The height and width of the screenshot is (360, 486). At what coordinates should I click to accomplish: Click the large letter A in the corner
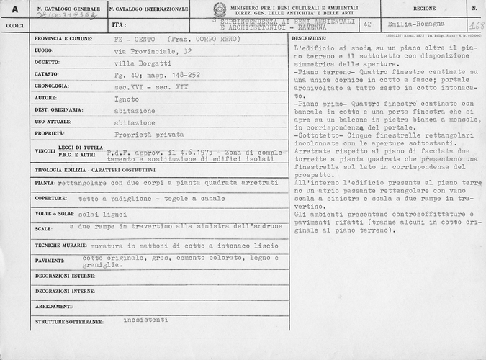14,9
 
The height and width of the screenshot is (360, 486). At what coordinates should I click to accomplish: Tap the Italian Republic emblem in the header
220,10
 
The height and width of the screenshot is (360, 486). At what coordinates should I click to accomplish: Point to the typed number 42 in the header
367,24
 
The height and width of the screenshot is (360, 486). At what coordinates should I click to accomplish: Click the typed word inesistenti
146,318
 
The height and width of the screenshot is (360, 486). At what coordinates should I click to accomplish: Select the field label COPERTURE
50,198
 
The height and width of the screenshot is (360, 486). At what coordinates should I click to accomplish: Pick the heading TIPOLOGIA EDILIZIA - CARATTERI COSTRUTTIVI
95,170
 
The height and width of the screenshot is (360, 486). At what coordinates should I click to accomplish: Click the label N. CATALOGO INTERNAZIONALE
149,9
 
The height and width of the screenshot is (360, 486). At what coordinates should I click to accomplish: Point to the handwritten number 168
476,26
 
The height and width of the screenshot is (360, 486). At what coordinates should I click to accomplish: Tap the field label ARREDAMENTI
53,305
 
